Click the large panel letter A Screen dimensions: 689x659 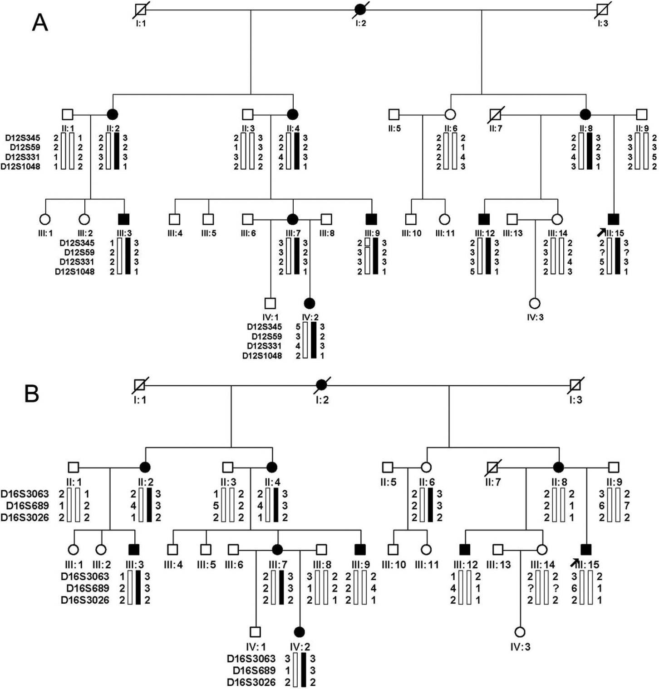(40, 21)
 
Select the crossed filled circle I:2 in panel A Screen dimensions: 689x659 (360, 9)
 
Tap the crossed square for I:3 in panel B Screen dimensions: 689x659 (576, 386)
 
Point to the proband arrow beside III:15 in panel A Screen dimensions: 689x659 (601, 231)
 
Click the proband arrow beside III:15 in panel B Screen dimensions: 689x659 (575, 562)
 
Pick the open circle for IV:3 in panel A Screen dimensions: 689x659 (535, 303)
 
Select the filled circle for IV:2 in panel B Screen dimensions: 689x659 (299, 631)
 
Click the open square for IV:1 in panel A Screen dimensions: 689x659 (270, 303)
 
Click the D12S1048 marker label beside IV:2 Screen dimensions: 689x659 (262, 356)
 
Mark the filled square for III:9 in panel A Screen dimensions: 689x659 (372, 219)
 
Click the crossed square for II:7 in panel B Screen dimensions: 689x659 (492, 467)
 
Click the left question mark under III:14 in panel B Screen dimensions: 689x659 (530, 589)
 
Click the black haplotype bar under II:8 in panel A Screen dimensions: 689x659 (589, 152)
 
